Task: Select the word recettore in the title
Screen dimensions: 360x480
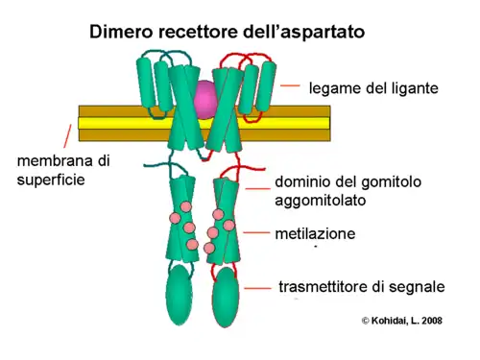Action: click(x=205, y=32)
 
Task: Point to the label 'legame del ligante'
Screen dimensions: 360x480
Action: click(x=373, y=88)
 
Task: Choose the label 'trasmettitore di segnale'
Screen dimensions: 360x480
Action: click(x=361, y=286)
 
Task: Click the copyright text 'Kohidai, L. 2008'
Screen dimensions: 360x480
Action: click(x=402, y=320)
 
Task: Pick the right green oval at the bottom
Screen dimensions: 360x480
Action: click(x=225, y=295)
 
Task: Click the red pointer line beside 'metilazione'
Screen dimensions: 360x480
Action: click(x=257, y=232)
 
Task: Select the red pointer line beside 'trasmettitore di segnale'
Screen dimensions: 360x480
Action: click(x=257, y=286)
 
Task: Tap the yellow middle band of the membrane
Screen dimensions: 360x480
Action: click(x=115, y=123)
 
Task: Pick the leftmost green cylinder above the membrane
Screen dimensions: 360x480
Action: click(x=146, y=81)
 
